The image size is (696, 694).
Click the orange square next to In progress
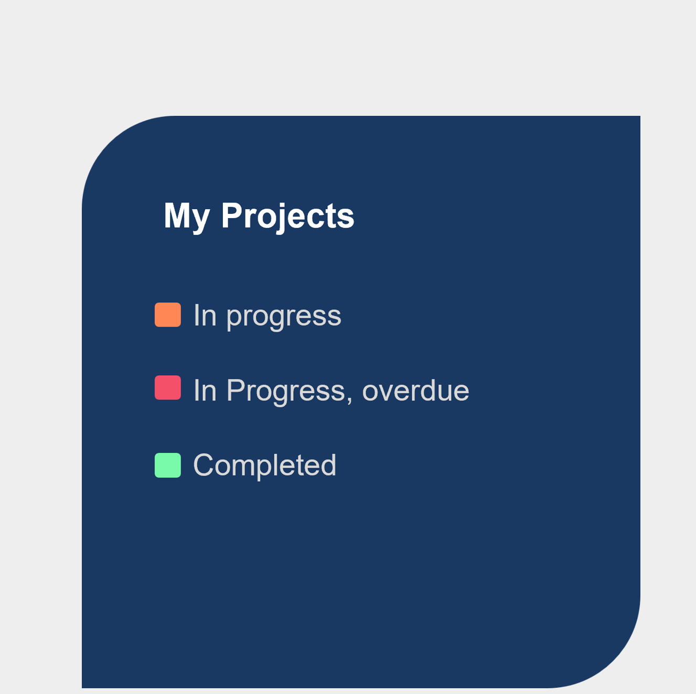[168, 315]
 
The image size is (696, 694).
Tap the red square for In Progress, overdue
[168, 387]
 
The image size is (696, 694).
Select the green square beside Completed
[168, 465]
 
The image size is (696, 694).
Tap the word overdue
[415, 390]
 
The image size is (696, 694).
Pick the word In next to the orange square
[205, 315]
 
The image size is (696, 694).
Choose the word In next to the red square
[205, 390]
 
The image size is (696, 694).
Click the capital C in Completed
[205, 465]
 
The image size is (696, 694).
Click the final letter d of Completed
[327, 464]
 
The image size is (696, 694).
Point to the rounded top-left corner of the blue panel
[109, 142]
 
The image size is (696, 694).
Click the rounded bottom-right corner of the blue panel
[614, 662]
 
